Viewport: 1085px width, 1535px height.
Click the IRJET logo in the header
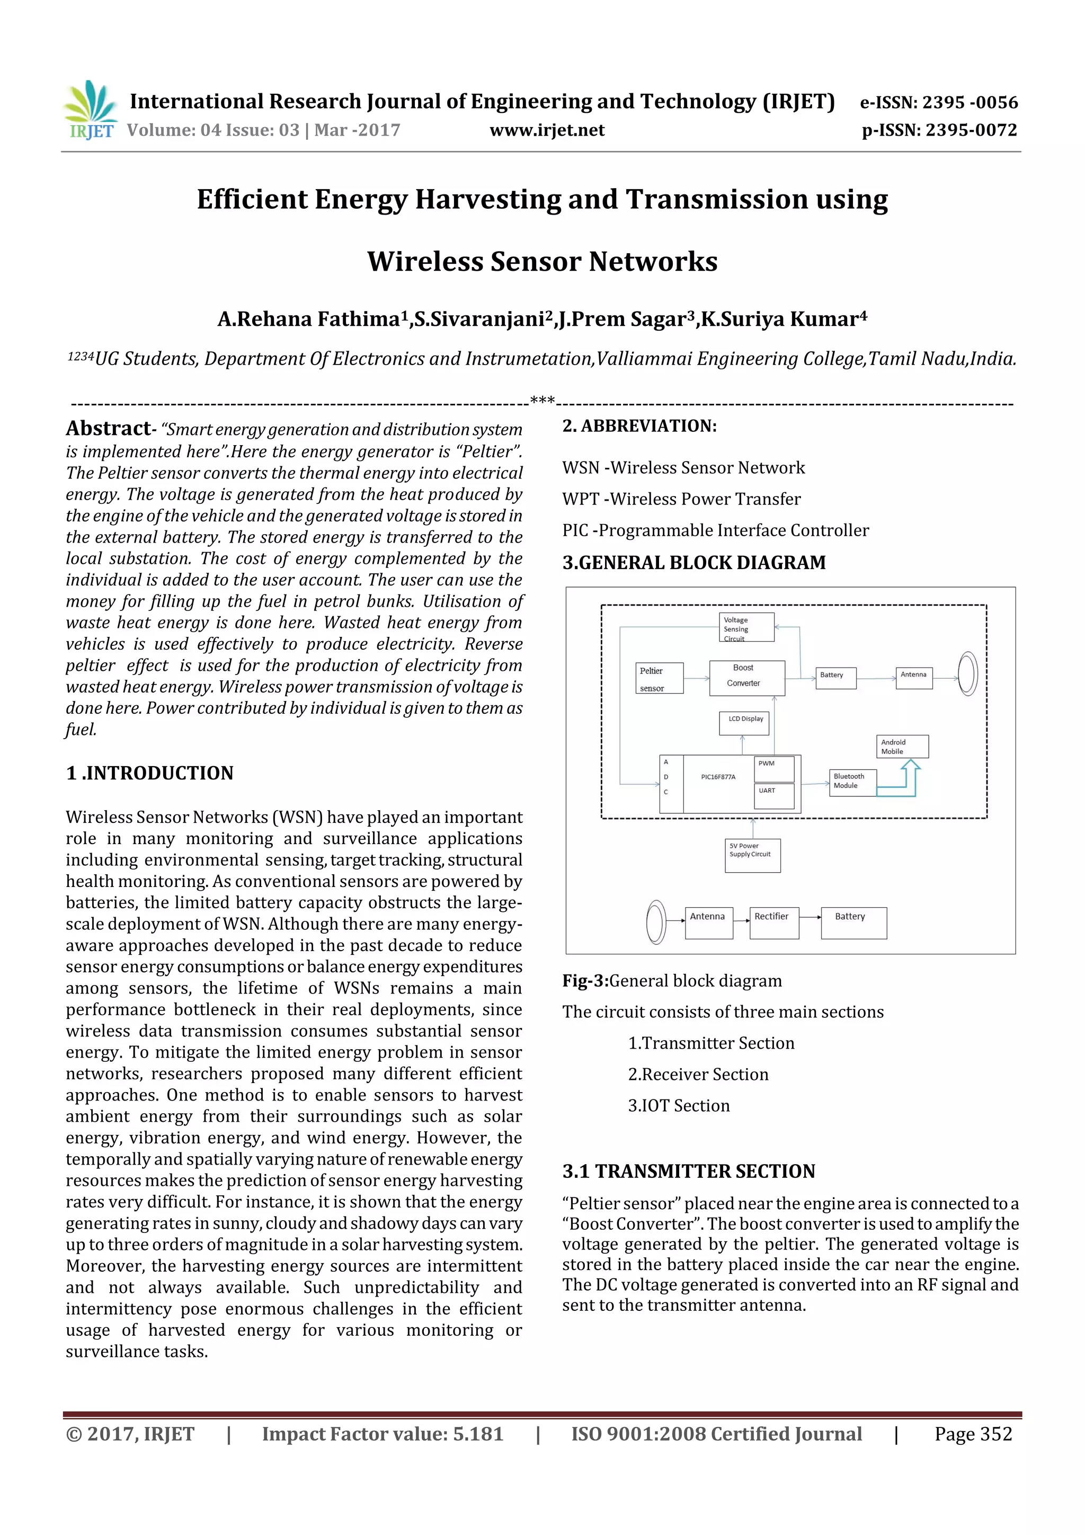(90, 110)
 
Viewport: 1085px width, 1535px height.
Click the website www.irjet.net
(547, 130)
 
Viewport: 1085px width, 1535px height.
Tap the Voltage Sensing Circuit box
(746, 628)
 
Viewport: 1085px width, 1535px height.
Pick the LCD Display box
(744, 723)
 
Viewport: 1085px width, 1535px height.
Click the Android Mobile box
(902, 747)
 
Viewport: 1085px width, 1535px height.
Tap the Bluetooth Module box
(852, 782)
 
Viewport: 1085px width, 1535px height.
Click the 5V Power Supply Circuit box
(753, 855)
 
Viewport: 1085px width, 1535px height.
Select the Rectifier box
(774, 922)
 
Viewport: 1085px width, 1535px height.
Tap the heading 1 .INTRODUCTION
(150, 774)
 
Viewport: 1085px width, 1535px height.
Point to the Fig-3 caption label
(585, 981)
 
